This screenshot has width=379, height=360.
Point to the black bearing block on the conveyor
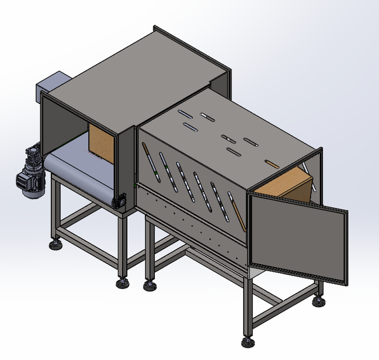pyautogui.click(x=119, y=201)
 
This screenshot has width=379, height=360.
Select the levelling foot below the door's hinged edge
pyautogui.click(x=247, y=340)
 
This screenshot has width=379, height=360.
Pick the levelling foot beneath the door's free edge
pyautogui.click(x=319, y=301)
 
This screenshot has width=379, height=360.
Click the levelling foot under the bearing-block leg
pyautogui.click(x=122, y=283)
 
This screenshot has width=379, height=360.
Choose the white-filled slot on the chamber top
pyautogui.click(x=206, y=117)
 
